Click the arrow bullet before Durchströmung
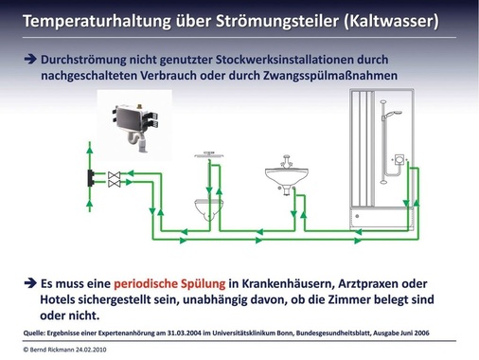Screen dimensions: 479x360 [29, 59]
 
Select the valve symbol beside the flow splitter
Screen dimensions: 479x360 [115, 177]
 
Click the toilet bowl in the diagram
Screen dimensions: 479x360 [209, 206]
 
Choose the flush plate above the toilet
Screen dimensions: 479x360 [209, 151]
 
